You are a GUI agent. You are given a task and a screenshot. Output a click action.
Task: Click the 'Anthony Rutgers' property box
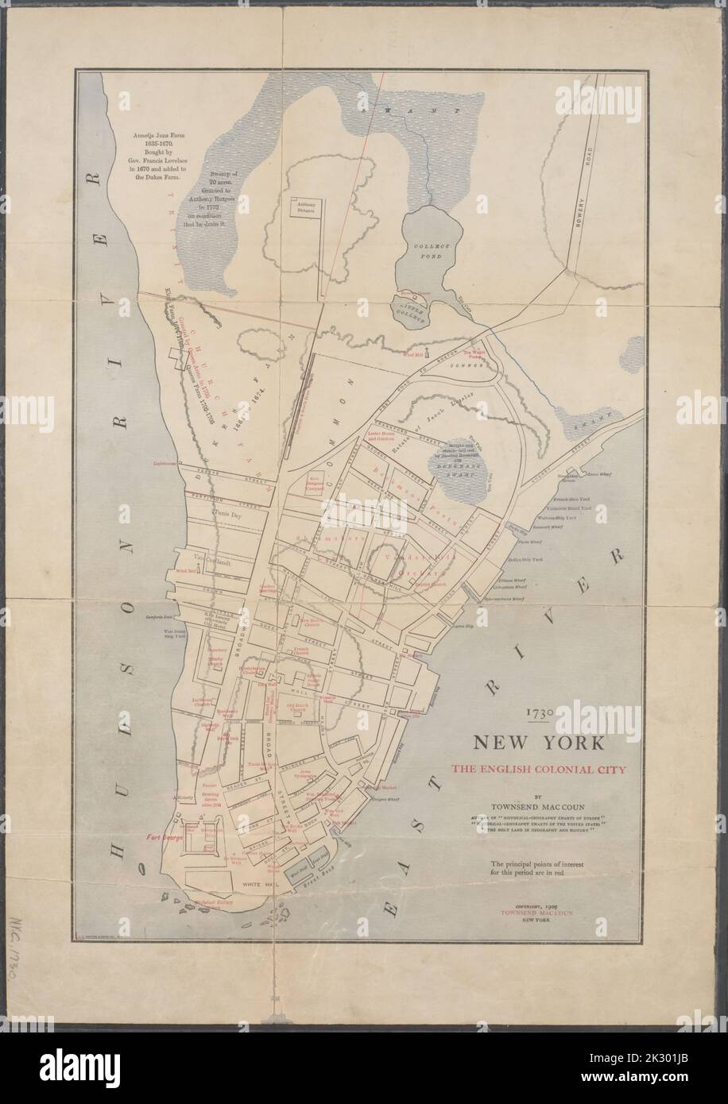pyautogui.click(x=305, y=207)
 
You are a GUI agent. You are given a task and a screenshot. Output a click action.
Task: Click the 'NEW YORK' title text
pyautogui.click(x=537, y=744)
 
